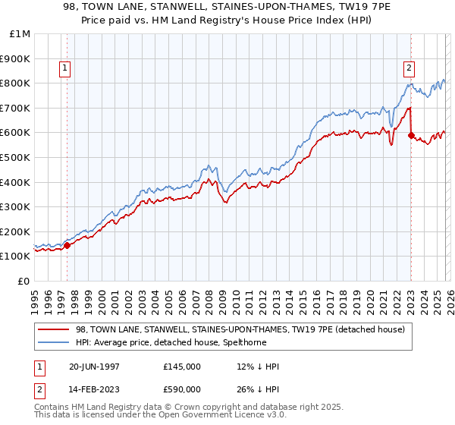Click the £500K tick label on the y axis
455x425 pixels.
click(15, 157)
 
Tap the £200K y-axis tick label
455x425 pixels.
click(15, 231)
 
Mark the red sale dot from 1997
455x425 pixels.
click(67, 245)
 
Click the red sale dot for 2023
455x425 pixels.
click(411, 135)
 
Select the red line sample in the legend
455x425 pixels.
click(53, 329)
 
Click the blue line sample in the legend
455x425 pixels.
click(53, 342)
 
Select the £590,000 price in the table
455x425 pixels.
click(182, 389)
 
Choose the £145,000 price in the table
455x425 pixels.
click(182, 367)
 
